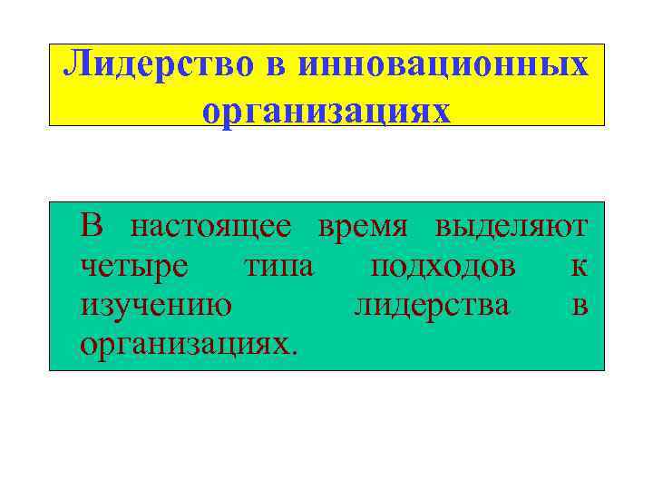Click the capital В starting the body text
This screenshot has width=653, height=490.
[93, 225]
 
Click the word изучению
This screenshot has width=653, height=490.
[155, 307]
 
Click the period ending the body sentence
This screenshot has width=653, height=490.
[292, 353]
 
